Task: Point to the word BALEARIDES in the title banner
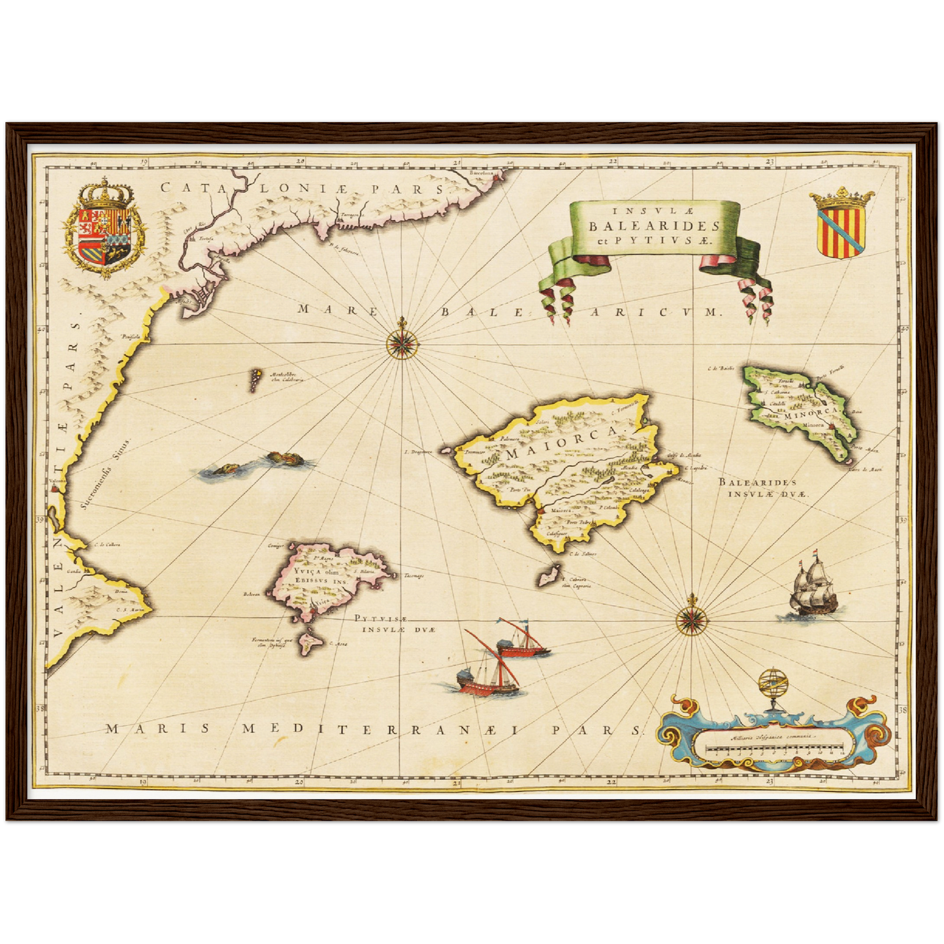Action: [x=655, y=226]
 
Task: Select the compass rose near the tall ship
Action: [x=691, y=617]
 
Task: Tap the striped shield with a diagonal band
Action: [x=841, y=225]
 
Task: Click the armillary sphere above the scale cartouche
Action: [x=771, y=688]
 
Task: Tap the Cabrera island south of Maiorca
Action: [x=545, y=578]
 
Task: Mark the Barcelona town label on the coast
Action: [x=483, y=173]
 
